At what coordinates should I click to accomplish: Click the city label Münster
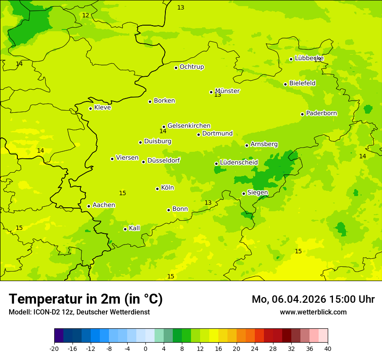227,91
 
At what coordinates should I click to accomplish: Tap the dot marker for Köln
157,189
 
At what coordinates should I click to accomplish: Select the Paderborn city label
321,114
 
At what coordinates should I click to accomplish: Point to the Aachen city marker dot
89,206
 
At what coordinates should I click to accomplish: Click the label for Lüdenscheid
239,163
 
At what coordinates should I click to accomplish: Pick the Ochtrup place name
191,67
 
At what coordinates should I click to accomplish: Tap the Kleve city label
102,108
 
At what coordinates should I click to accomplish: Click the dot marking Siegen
244,193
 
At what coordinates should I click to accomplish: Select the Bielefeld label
302,83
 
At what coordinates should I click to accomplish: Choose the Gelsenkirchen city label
189,126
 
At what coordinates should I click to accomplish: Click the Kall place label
134,228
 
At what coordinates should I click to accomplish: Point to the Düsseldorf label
163,160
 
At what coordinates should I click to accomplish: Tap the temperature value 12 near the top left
86,15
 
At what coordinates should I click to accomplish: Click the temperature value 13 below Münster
217,95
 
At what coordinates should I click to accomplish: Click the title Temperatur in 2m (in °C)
86,299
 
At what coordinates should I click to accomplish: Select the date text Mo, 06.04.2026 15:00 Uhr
313,299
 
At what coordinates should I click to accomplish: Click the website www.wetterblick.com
313,312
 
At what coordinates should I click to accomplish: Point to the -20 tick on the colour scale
54,348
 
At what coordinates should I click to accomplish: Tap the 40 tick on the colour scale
328,348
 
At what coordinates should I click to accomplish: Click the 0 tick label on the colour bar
145,348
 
